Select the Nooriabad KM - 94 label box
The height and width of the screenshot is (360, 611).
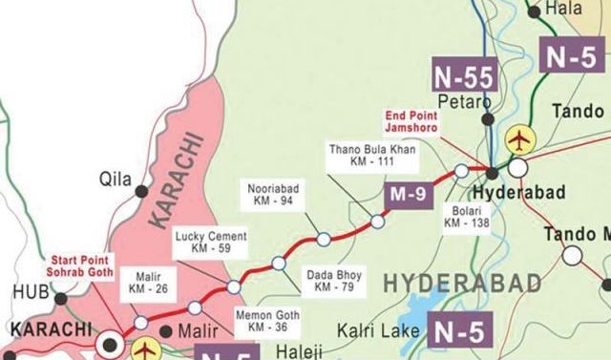coord(273,195)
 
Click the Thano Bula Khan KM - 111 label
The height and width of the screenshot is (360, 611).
coord(364,157)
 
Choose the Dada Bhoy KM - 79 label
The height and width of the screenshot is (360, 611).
coord(329,281)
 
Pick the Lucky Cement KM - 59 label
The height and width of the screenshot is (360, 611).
coord(210,243)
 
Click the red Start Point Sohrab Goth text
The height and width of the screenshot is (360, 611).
coord(80,265)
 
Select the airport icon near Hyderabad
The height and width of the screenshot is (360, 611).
coord(519,140)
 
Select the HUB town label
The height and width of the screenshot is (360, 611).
coord(21,293)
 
